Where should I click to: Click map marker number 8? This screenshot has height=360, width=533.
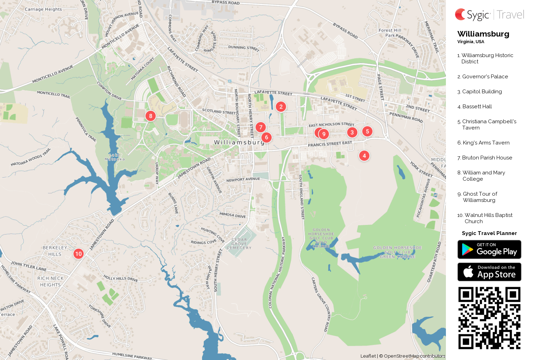click(x=150, y=116)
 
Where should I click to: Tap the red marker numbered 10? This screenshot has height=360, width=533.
click(x=78, y=254)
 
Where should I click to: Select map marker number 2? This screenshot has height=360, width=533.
click(x=281, y=107)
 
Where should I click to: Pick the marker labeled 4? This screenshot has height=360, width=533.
click(x=364, y=156)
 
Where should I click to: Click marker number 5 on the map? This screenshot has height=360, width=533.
click(x=367, y=131)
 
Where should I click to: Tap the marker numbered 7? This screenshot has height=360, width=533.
click(x=261, y=127)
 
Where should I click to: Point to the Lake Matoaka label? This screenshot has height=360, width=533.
click(x=115, y=157)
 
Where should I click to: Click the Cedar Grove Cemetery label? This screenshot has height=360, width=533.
click(x=239, y=244)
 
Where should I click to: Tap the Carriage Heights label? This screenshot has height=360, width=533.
click(x=43, y=9)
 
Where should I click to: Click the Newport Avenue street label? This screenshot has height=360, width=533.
click(x=243, y=180)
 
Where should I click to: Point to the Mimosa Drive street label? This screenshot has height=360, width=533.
click(x=232, y=215)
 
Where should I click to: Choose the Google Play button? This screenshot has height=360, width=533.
click(x=489, y=249)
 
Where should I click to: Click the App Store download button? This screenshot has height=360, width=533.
click(x=489, y=272)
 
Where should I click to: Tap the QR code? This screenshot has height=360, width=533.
click(x=489, y=318)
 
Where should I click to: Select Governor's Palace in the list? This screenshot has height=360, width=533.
click(x=485, y=77)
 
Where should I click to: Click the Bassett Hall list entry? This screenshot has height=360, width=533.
click(x=477, y=107)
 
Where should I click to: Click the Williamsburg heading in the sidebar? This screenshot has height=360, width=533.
click(x=483, y=34)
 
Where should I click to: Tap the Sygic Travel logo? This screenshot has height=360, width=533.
click(x=489, y=15)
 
